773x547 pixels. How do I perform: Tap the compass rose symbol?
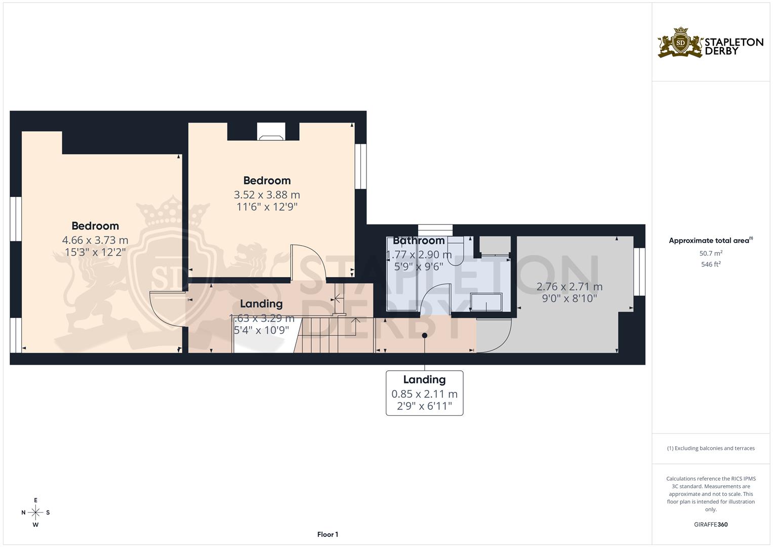(35, 513)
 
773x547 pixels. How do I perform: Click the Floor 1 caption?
(328, 534)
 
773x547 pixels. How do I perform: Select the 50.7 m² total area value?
(711, 253)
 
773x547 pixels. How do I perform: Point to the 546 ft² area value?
(711, 264)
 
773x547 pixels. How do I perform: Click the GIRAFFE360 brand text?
(711, 524)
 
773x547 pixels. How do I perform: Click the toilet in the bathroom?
(456, 251)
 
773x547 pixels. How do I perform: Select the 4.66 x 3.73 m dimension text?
(95, 240)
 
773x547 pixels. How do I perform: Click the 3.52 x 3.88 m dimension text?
(267, 194)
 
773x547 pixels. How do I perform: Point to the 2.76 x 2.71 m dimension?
(569, 287)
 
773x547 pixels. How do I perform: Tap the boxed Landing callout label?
(424, 393)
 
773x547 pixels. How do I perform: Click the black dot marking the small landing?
(425, 335)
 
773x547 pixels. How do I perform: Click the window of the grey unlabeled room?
(639, 271)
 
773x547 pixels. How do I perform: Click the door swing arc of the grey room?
(496, 337)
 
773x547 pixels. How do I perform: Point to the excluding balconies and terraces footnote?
(711, 448)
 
